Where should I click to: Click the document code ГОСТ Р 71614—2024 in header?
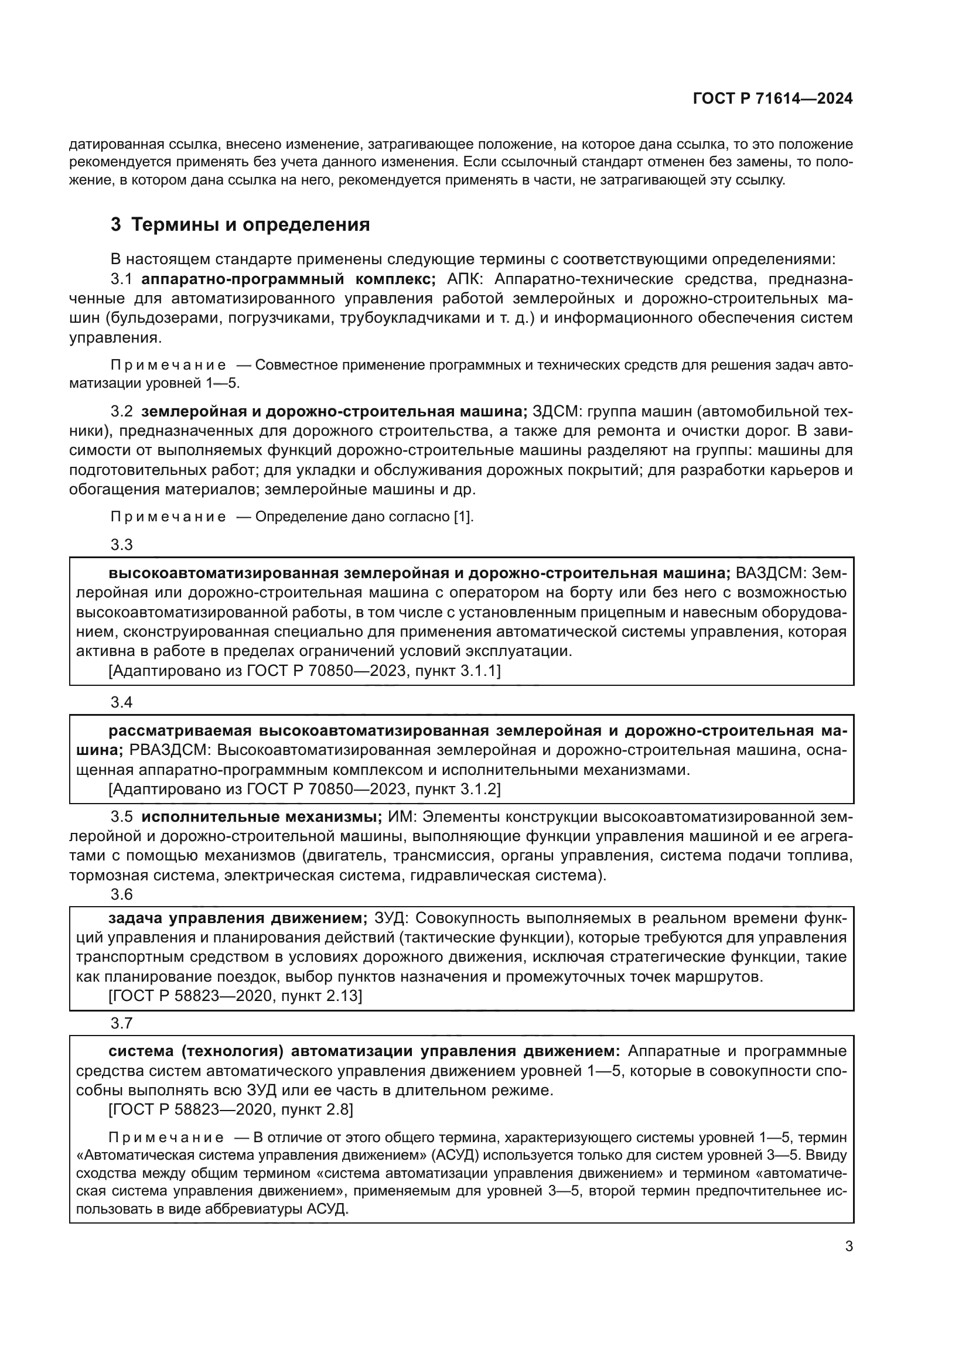(x=772, y=99)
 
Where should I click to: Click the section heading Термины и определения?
(x=250, y=225)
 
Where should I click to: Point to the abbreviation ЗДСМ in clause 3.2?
(x=555, y=412)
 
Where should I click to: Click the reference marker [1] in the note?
(x=463, y=517)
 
